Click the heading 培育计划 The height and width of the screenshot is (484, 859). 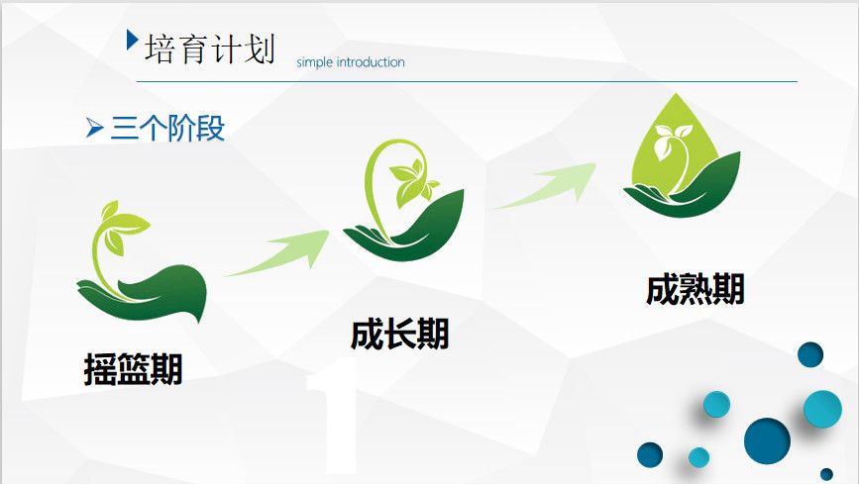tap(209, 48)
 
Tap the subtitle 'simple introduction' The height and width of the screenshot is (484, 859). tap(351, 62)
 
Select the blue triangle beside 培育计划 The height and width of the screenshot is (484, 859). tap(132, 40)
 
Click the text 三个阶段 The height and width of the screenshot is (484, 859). tap(167, 128)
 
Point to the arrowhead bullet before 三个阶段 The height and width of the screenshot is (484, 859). tap(94, 128)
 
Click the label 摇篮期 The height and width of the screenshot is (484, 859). tap(133, 369)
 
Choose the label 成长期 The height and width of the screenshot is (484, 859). tap(400, 334)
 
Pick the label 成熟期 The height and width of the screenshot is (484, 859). tap(696, 289)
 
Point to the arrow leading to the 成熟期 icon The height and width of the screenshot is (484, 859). tap(545, 185)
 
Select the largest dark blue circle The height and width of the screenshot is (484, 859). tap(767, 441)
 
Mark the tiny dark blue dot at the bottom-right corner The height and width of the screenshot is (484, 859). tap(826, 474)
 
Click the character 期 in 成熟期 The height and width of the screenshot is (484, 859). tap(728, 289)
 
